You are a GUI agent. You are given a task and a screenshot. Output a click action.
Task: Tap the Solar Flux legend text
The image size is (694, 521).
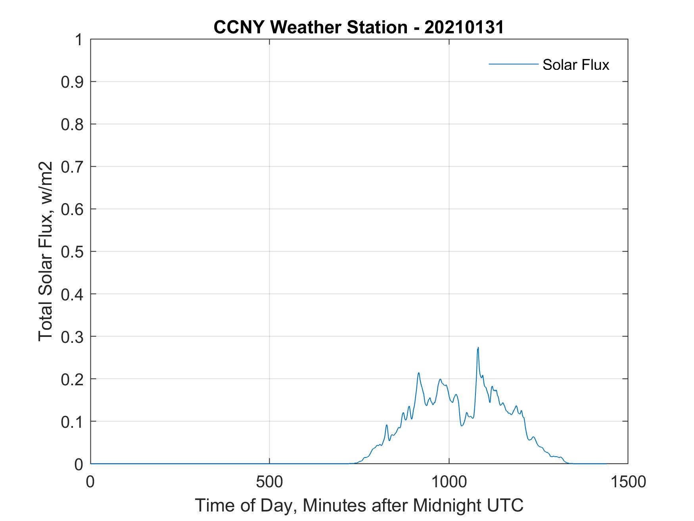pos(575,65)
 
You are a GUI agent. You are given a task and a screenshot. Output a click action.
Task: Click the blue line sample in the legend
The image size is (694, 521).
pos(513,64)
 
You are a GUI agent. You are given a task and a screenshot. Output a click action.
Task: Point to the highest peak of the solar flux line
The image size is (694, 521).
pos(478,348)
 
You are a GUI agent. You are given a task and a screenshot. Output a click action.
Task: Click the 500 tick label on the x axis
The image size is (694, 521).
pos(269,482)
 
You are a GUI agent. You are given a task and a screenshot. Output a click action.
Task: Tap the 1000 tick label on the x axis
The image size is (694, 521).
pos(449,482)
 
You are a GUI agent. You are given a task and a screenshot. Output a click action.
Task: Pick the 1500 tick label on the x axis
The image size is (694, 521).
pos(628,482)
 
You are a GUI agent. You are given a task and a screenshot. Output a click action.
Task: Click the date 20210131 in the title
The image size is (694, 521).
pos(464,27)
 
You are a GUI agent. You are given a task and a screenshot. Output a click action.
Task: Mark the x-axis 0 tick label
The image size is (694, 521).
pos(90,482)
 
